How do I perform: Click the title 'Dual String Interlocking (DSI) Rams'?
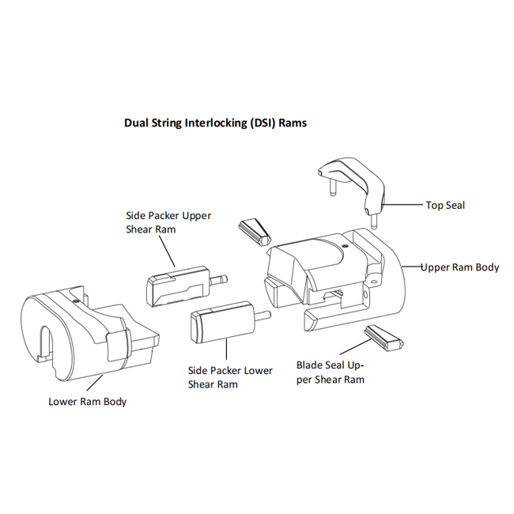(215, 123)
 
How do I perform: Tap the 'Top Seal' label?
(445, 205)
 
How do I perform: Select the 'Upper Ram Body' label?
(460, 267)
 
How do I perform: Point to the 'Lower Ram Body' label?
(87, 401)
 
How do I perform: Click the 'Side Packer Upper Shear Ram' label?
(168, 222)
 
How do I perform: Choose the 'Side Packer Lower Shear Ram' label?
(230, 377)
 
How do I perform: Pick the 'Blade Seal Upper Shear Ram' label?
(331, 372)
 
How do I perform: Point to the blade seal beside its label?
(384, 338)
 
